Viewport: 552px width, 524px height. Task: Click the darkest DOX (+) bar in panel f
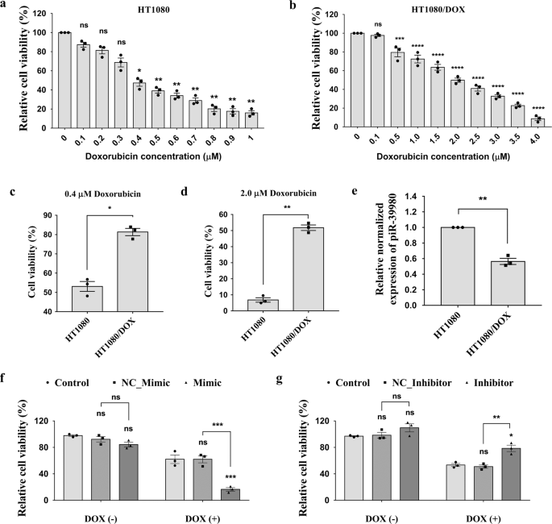230,493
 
